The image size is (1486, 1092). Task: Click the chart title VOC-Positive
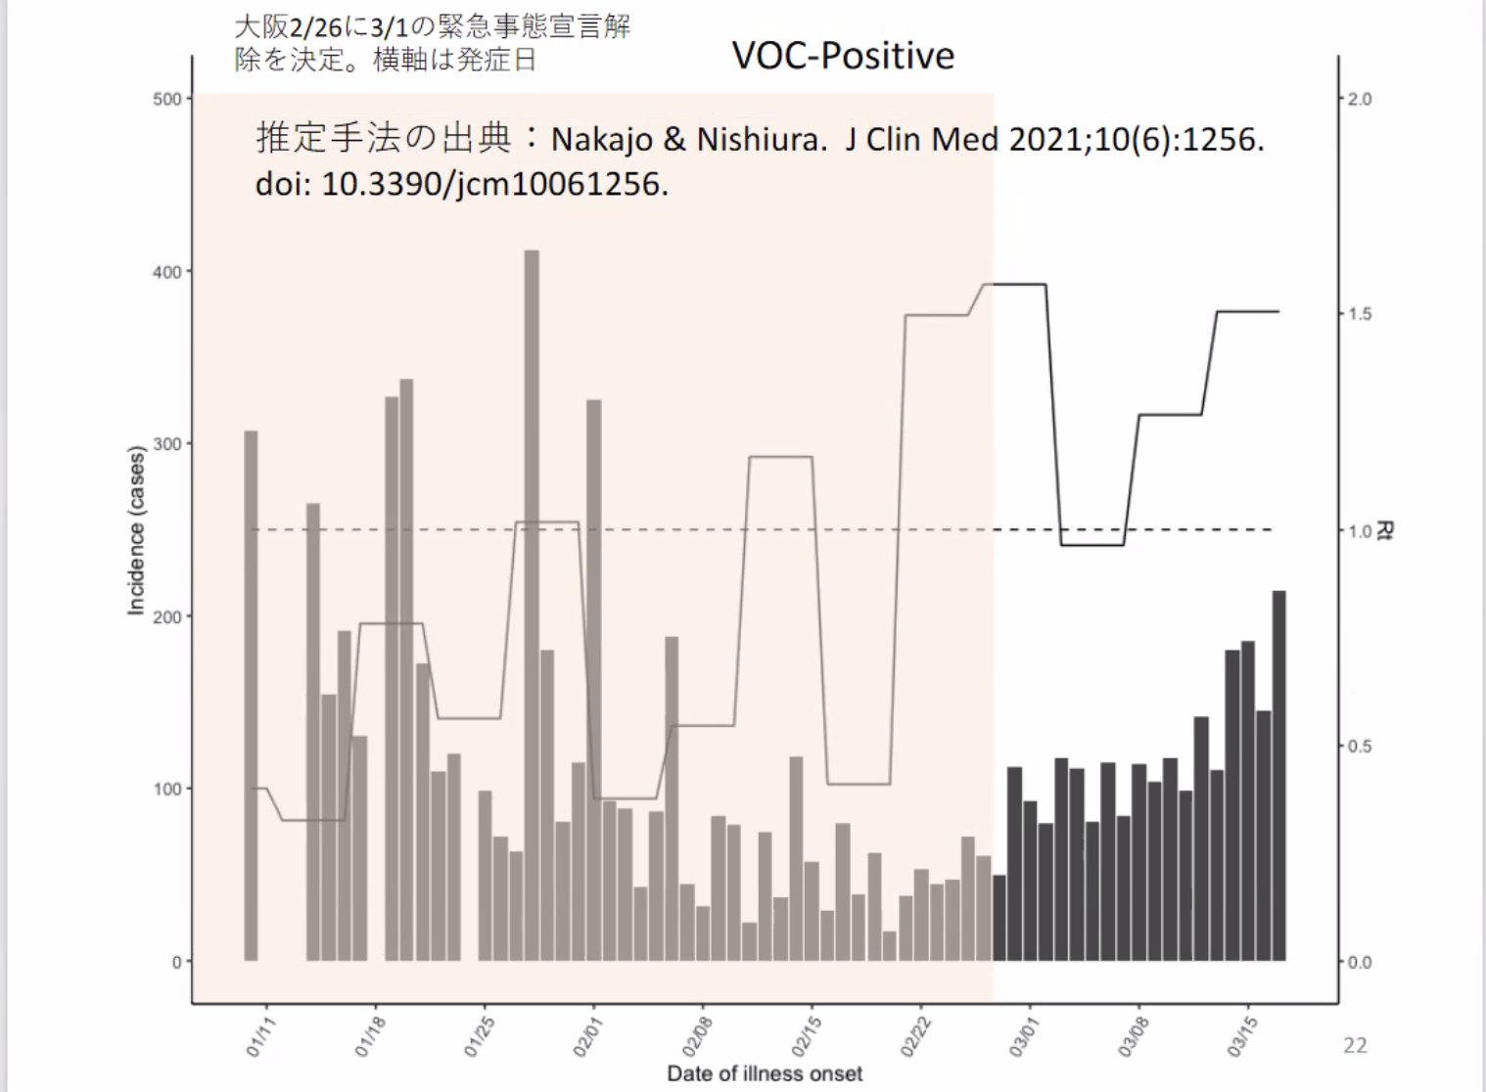coord(843,56)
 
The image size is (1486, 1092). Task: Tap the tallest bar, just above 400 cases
coord(532,587)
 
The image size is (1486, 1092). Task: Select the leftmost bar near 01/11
coord(251,685)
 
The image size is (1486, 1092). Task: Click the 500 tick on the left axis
coord(167,99)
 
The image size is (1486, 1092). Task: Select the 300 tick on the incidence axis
coord(167,444)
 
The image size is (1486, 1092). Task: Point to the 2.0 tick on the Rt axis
coord(1360,99)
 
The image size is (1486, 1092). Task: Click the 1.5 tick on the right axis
coord(1360,314)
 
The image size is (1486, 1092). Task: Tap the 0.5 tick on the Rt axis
coord(1360,747)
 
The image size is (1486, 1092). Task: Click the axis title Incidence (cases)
coord(136,530)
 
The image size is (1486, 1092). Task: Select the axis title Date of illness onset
coord(765,1074)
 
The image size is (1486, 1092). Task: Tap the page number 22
coord(1355,1045)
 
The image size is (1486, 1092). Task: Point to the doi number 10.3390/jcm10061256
coord(494,184)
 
